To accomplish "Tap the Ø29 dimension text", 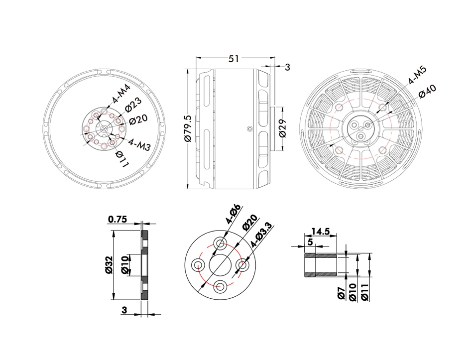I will pyautogui.click(x=282, y=128).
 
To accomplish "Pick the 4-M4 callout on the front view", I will pyautogui.click(x=121, y=94).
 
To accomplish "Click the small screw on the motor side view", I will pyautogui.click(x=248, y=128).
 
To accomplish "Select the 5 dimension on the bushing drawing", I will pyautogui.click(x=311, y=242).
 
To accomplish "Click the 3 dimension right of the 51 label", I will pyautogui.click(x=286, y=67).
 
